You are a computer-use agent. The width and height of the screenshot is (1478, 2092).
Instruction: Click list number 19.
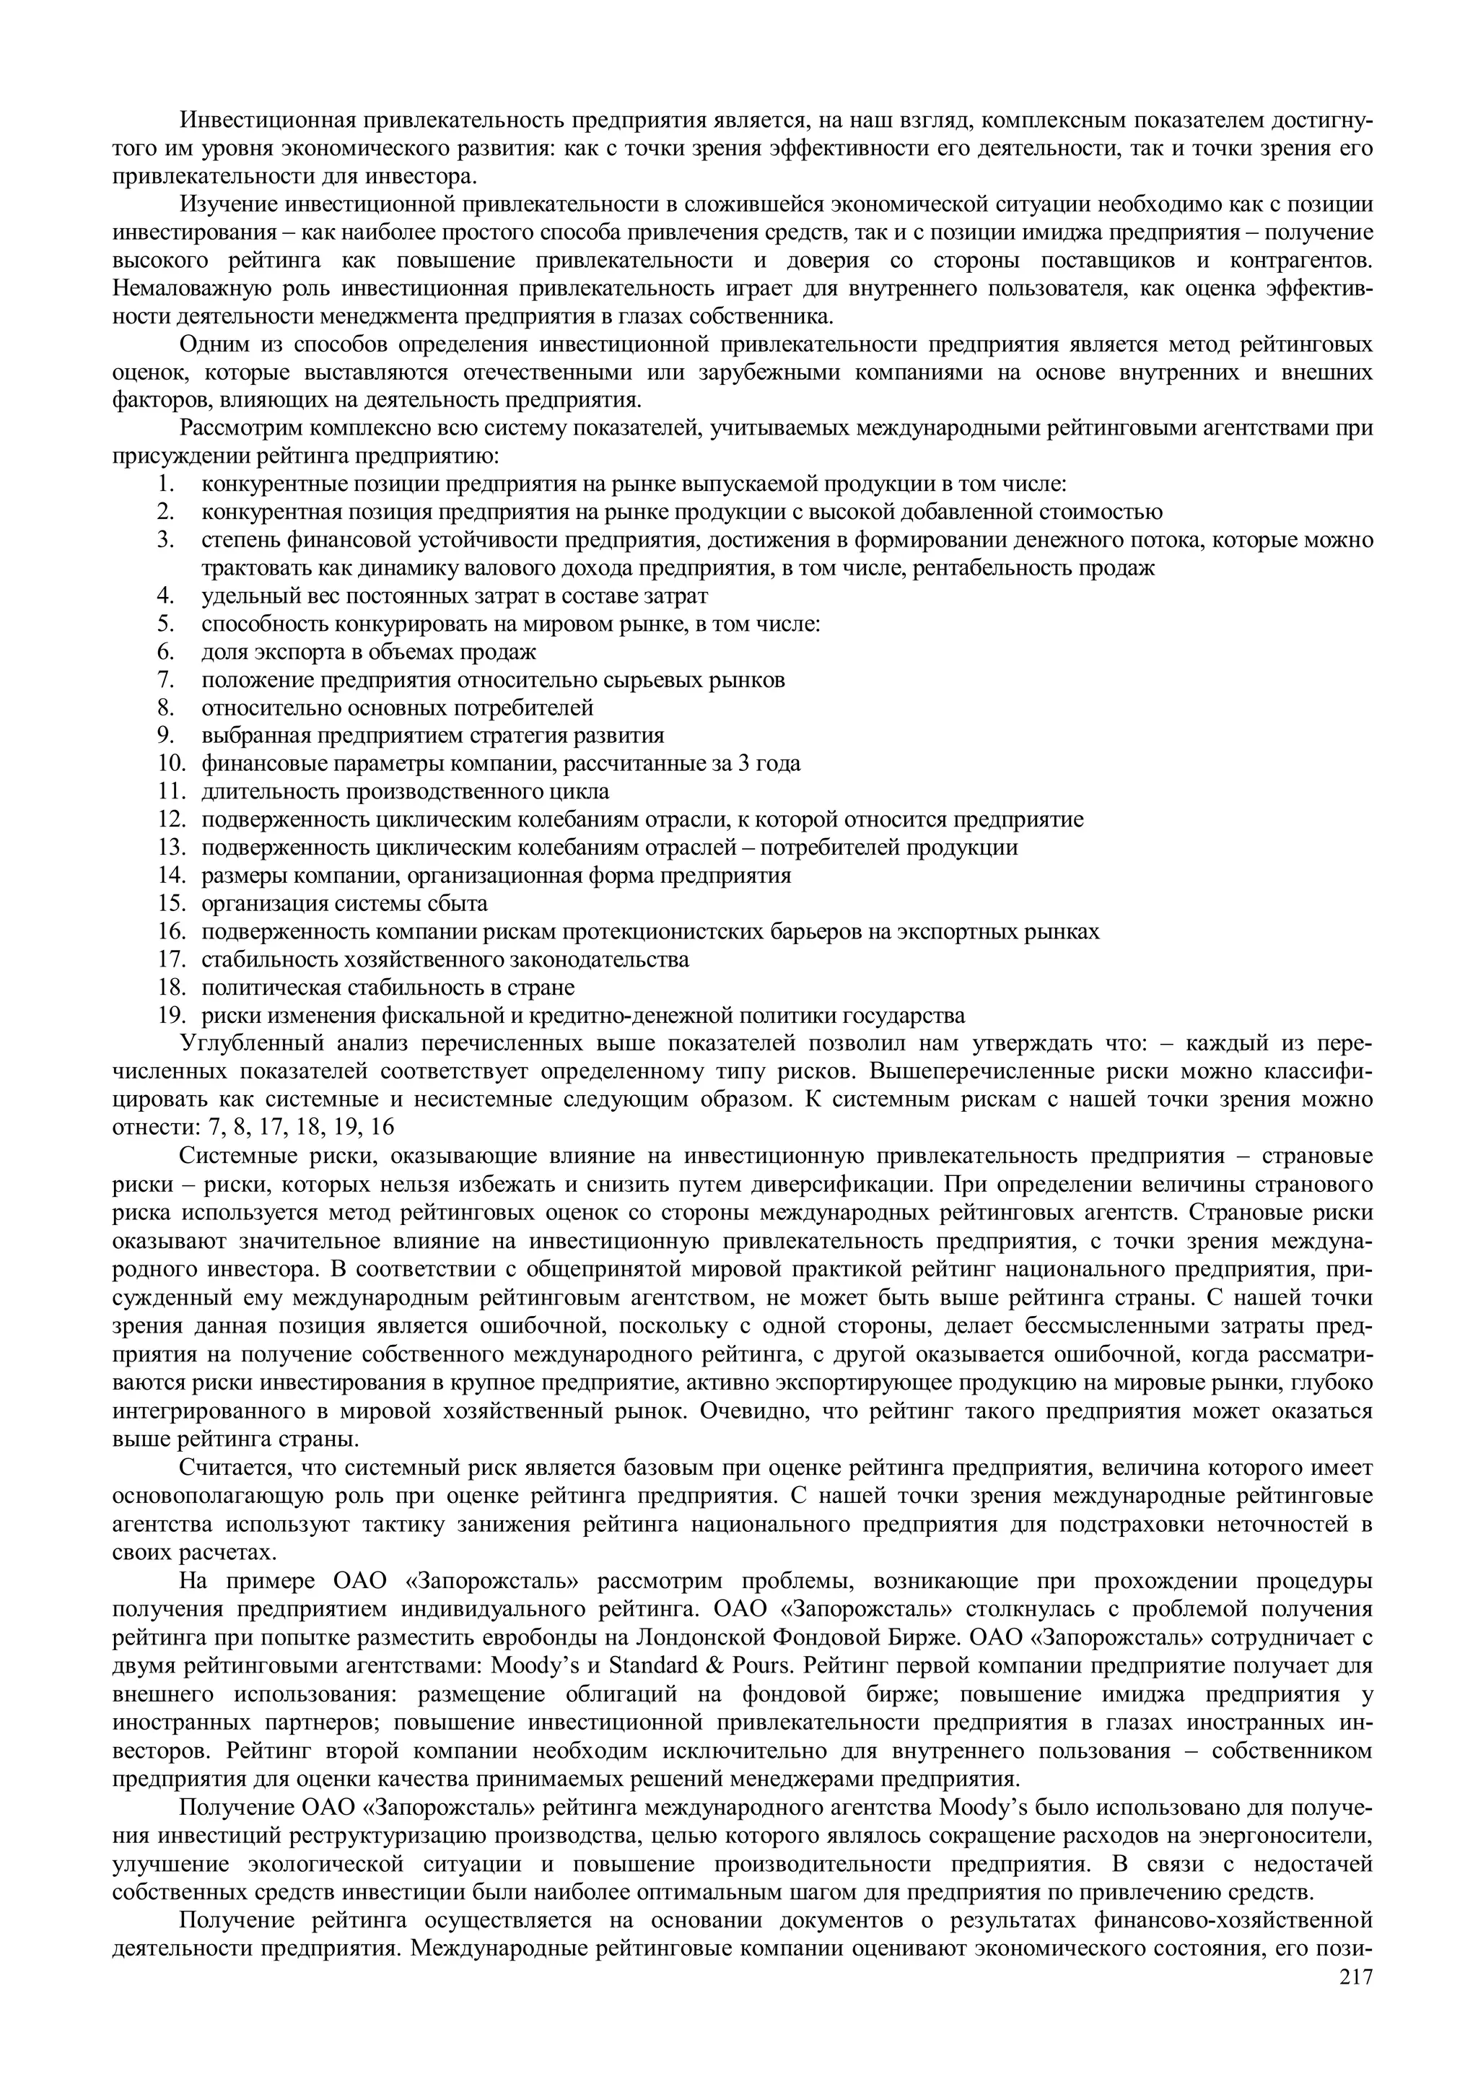click(172, 1015)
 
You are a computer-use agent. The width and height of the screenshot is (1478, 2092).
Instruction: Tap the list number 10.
click(172, 762)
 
